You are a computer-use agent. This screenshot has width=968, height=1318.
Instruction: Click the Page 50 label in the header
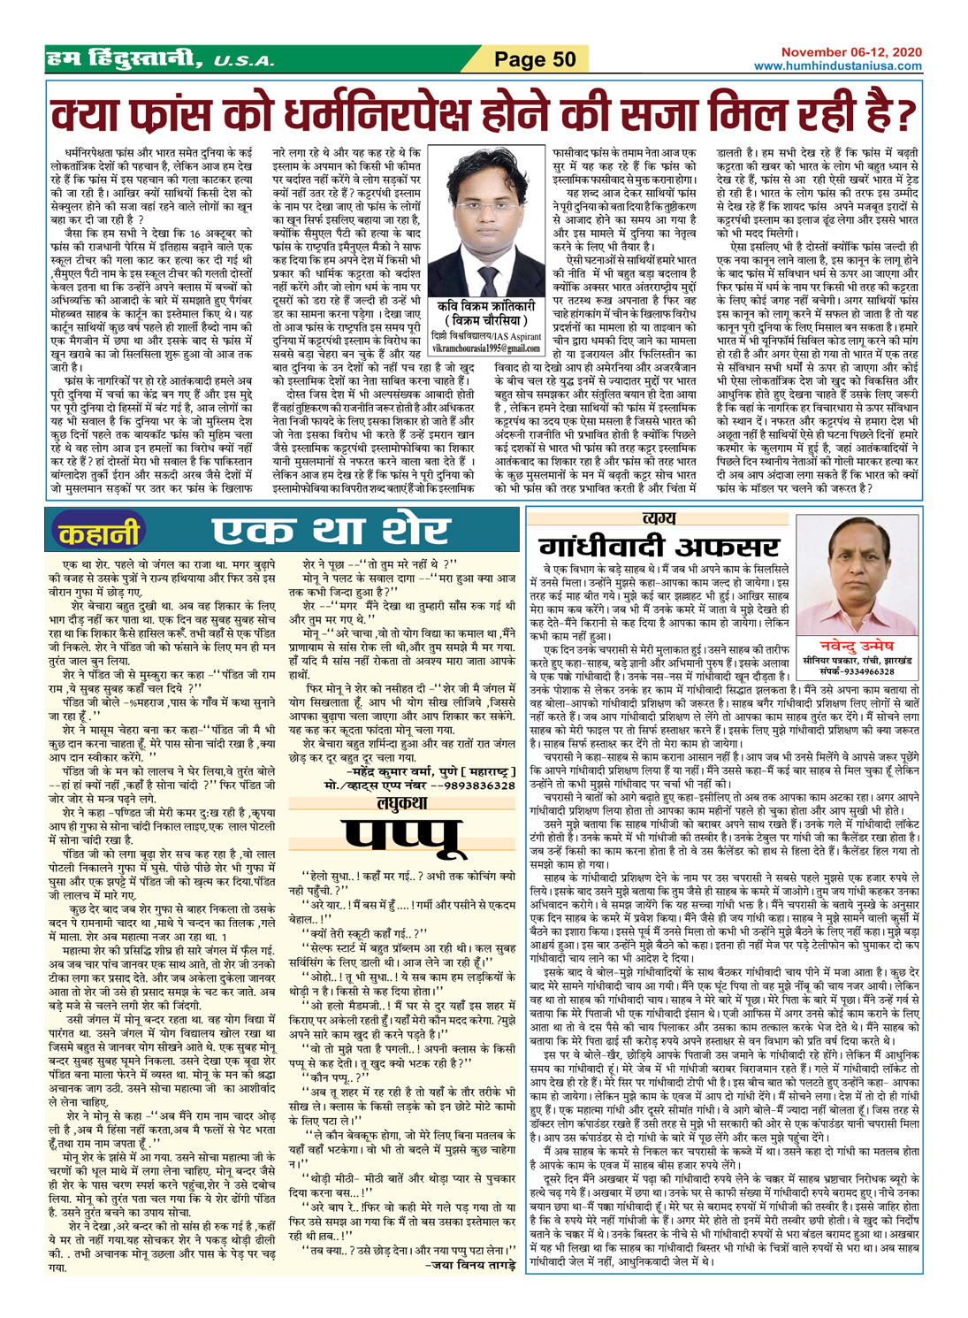pyautogui.click(x=535, y=60)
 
